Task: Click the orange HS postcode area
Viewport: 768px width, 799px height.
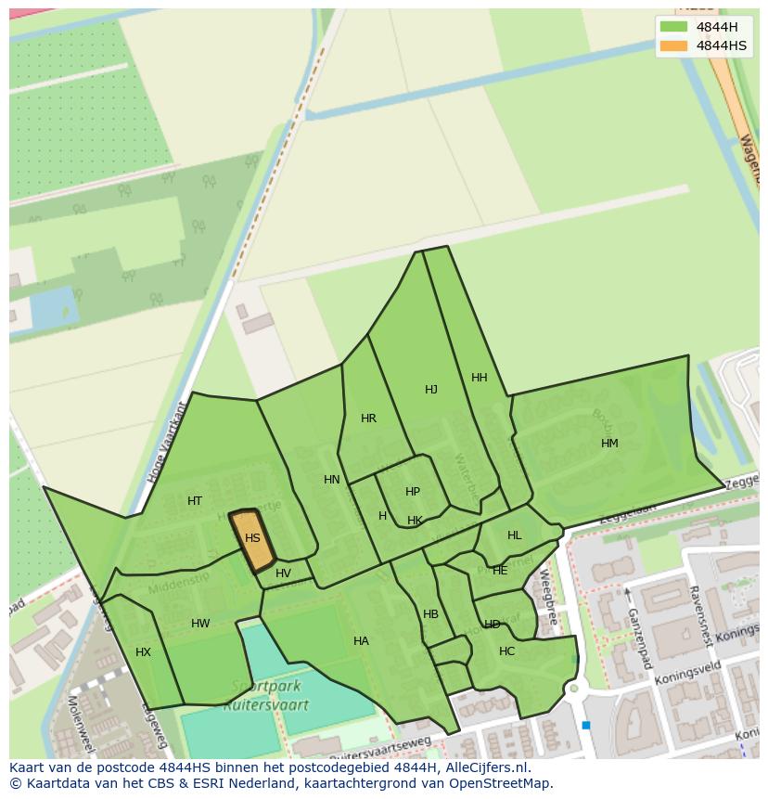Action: (x=252, y=539)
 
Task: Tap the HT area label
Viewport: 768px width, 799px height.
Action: (x=195, y=501)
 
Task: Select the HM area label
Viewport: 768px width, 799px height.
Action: (x=609, y=444)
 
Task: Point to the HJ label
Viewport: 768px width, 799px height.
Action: (x=431, y=390)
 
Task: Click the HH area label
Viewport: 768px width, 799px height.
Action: (x=480, y=378)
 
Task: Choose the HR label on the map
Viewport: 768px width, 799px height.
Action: (x=369, y=419)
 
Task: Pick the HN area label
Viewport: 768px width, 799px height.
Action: (x=332, y=480)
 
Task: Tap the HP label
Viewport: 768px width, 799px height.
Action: (x=413, y=492)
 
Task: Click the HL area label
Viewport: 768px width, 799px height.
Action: (x=515, y=535)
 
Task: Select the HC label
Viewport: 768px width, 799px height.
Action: (x=506, y=651)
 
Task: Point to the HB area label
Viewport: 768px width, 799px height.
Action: (x=430, y=614)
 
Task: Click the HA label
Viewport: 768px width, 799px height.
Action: (x=361, y=641)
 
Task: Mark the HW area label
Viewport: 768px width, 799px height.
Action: (x=200, y=624)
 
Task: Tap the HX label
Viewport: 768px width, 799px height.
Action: (x=143, y=652)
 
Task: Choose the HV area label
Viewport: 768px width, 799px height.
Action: (x=283, y=573)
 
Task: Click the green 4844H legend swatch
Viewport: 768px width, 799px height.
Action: (x=674, y=27)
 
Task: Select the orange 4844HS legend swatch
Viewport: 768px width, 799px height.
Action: (x=674, y=45)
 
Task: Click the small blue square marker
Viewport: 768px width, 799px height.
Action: (x=586, y=725)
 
